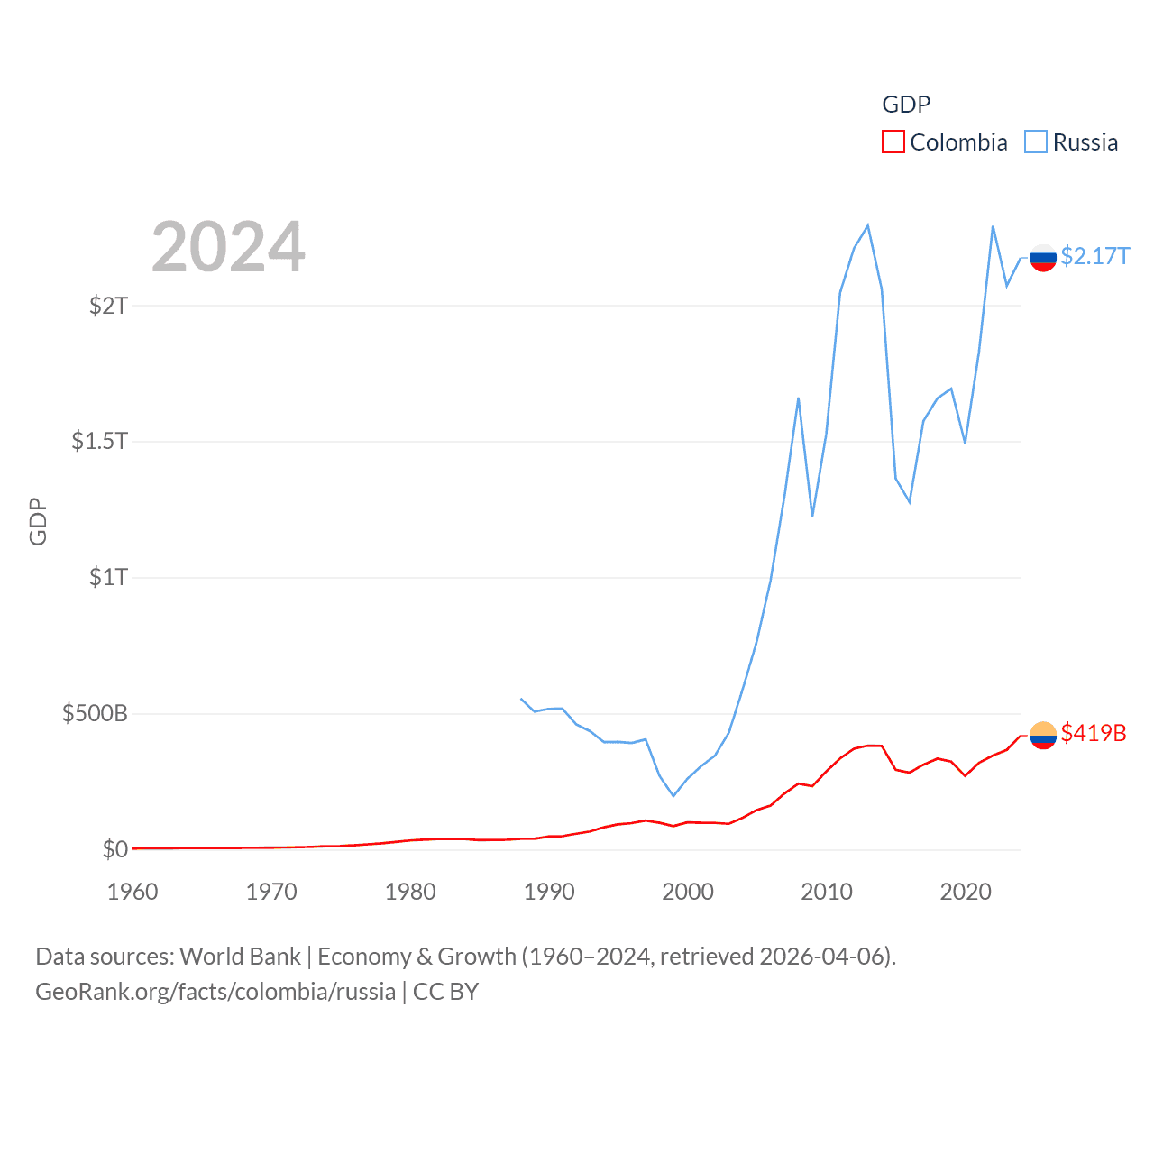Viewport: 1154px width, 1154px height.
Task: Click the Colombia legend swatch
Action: coord(893,142)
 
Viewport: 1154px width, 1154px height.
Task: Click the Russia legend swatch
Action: coord(1036,142)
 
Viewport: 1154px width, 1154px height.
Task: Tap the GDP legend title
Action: coord(905,105)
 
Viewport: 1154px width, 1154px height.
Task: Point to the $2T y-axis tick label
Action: coord(108,306)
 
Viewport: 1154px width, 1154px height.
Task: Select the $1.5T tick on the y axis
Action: coord(99,441)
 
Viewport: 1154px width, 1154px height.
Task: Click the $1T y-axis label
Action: coord(108,577)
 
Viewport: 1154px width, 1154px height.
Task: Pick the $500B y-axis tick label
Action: coord(95,714)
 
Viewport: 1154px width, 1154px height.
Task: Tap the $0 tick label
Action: coord(114,849)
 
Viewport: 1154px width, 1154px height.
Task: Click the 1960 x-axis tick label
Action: coord(133,892)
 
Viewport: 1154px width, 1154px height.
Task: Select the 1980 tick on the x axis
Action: coord(410,892)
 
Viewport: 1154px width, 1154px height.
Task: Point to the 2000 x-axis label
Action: coord(688,892)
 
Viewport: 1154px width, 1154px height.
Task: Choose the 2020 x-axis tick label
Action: coord(966,892)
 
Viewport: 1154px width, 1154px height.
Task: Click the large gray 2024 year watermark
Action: coord(228,247)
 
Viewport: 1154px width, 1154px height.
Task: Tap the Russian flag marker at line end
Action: coord(1043,258)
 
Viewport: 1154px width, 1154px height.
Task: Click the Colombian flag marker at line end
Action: coord(1043,736)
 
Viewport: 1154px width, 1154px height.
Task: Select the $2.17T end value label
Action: coord(1094,257)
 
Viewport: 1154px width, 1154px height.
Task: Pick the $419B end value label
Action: coord(1094,733)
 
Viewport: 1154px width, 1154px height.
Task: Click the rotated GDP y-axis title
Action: coord(38,521)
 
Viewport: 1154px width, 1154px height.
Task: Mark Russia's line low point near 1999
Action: coord(673,795)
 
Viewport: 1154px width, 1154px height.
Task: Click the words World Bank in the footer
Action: coord(240,957)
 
